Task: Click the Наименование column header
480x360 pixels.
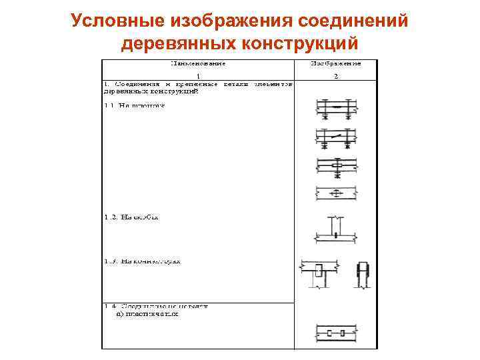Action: point(198,65)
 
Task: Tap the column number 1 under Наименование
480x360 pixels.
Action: point(197,76)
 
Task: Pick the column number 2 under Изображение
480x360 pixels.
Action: point(336,76)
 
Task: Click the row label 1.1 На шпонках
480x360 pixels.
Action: point(133,105)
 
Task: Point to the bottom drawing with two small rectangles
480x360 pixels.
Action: point(336,332)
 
